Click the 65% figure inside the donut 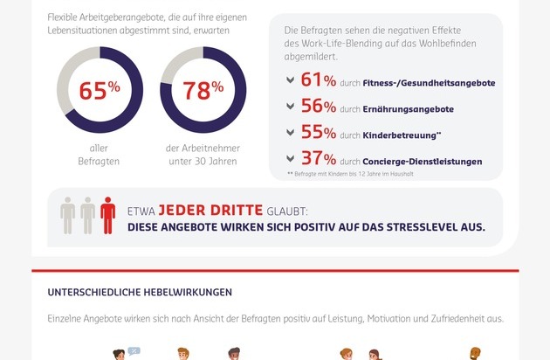[99, 90]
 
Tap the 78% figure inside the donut [203, 90]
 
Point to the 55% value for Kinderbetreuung [319, 134]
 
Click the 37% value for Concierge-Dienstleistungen [319, 160]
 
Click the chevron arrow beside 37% [291, 159]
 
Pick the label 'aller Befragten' [99, 155]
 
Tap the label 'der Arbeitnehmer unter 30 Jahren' [203, 155]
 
